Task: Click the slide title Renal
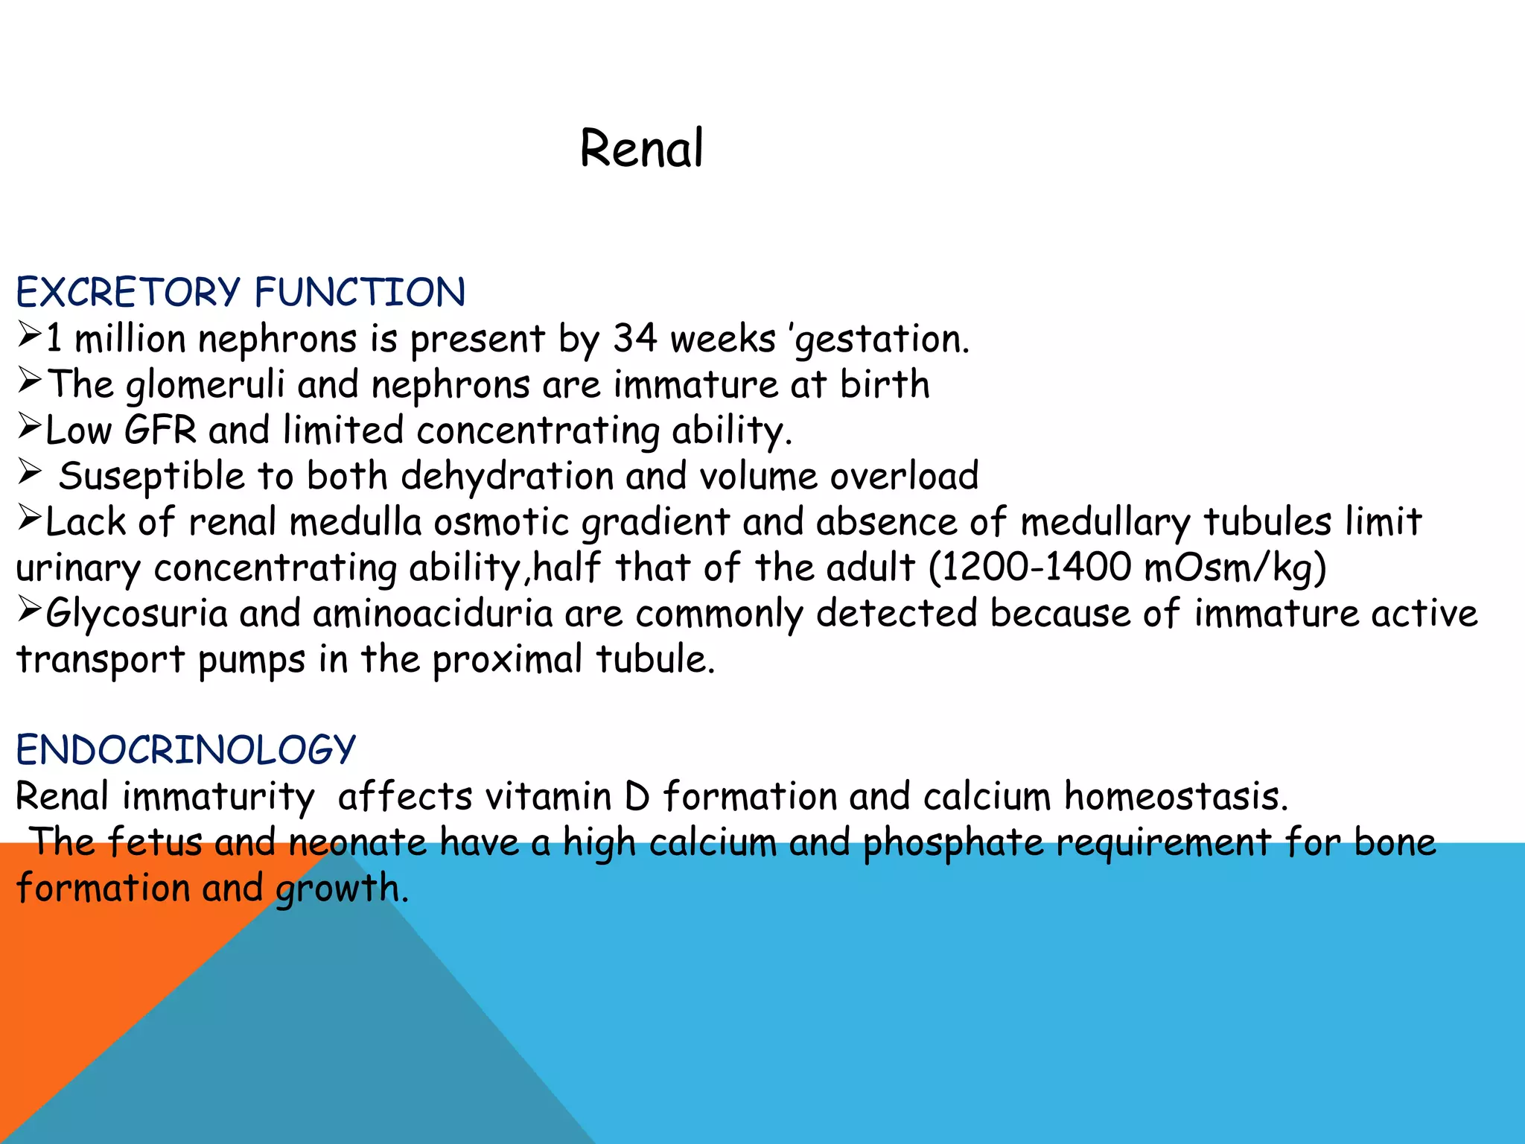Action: coord(641,148)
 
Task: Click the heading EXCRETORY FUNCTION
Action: coord(241,292)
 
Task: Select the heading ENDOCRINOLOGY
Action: coord(186,749)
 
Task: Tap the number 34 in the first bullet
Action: coord(635,339)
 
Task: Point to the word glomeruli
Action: coord(205,386)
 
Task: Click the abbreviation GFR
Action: coord(160,430)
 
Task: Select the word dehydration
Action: coord(506,477)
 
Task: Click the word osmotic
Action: coord(501,522)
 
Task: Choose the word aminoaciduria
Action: coord(433,614)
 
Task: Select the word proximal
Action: coord(508,660)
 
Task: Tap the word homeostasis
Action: coord(1175,796)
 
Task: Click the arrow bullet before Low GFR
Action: coord(29,426)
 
